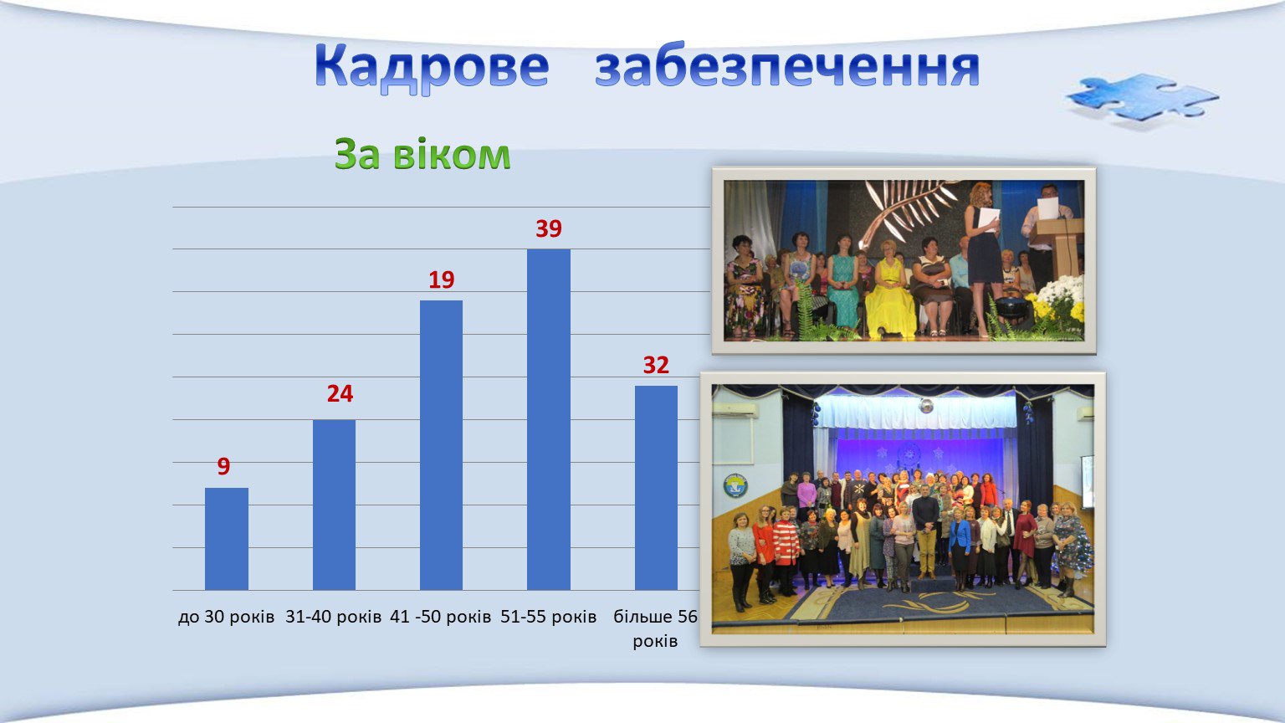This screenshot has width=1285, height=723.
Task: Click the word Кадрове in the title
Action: point(432,68)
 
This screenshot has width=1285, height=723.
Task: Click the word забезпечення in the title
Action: point(787,68)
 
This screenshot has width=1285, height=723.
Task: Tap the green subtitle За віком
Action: point(422,154)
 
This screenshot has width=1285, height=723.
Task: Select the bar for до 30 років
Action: point(227,539)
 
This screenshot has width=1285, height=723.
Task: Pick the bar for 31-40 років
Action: point(334,505)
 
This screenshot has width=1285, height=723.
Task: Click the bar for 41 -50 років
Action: point(441,445)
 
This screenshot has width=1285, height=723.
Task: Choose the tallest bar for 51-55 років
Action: point(549,419)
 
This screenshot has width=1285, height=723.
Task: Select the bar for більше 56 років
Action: point(656,488)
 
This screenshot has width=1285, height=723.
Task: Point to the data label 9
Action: point(223,466)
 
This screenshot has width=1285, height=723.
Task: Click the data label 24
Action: point(340,393)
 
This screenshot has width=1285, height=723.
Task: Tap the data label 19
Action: point(441,279)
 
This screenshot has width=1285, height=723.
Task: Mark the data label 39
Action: point(549,228)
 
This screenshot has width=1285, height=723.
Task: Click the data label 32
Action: point(656,365)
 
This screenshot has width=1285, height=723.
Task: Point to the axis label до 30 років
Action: point(227,617)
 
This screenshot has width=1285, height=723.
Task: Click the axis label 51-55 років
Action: point(549,617)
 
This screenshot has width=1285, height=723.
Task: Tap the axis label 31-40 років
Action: point(334,617)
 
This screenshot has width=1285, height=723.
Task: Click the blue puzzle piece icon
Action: point(1142,98)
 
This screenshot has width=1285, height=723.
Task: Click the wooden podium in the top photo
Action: point(1059,247)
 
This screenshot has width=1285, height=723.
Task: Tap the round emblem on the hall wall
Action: point(735,485)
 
